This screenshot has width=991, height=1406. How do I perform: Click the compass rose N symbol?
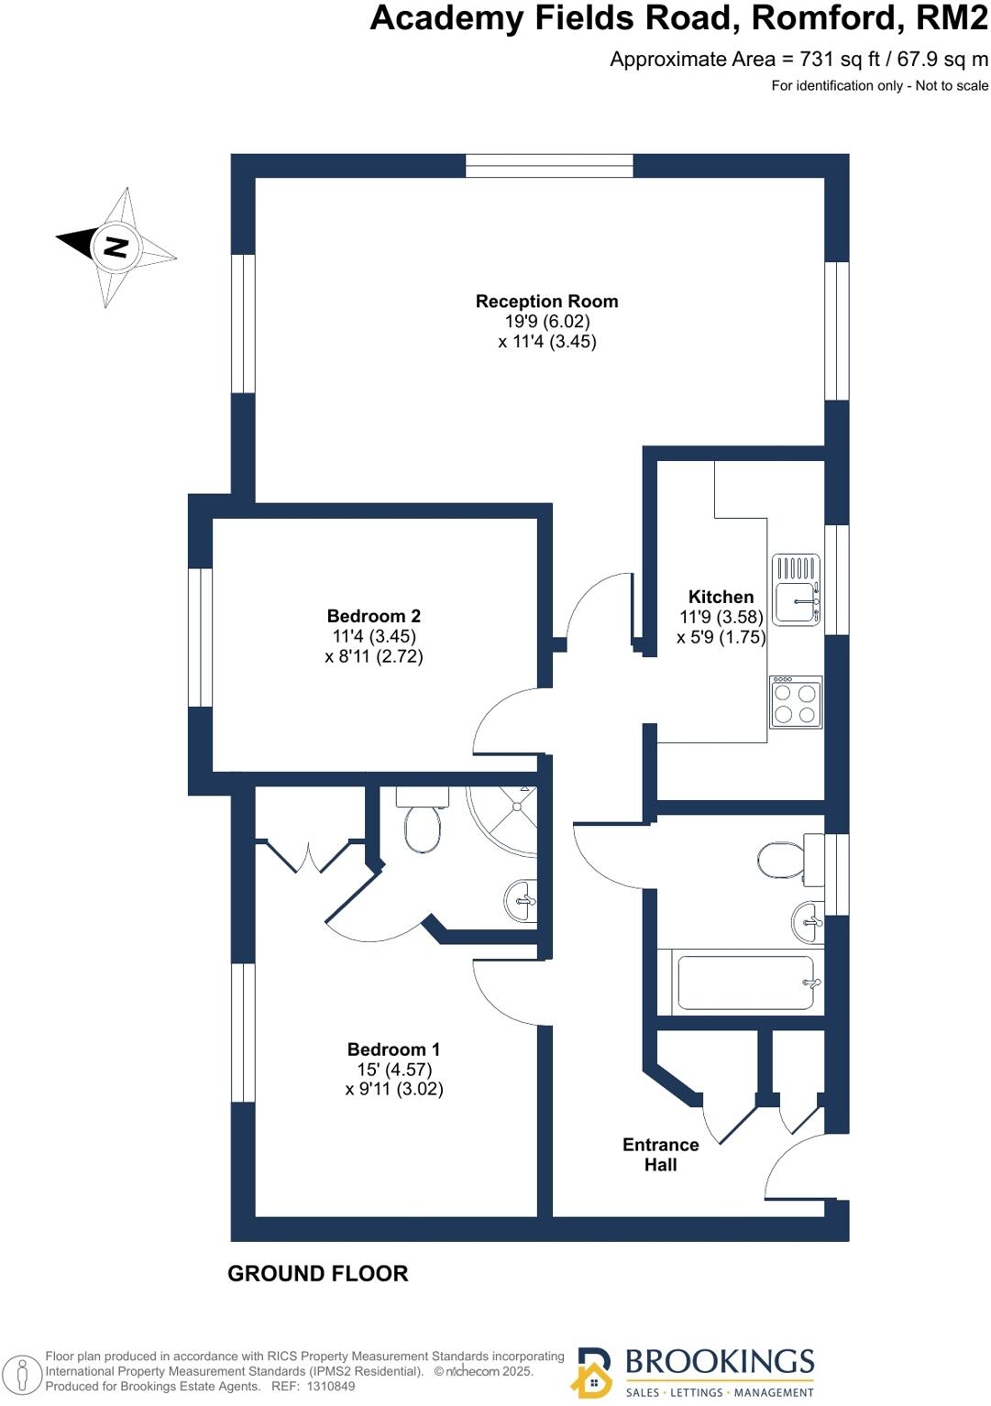pos(116,246)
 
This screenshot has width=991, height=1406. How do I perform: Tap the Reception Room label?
pos(546,302)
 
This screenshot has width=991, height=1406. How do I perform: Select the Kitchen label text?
pos(721,597)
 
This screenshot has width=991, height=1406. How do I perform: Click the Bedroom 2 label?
pos(373,616)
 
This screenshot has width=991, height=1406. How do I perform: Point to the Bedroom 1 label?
pos(393,1049)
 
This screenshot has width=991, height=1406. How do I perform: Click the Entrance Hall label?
pos(660,1155)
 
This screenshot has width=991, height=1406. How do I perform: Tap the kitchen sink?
pos(796,590)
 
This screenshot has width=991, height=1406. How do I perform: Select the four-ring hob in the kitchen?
pos(795,703)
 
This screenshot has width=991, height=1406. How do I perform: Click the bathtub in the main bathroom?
pos(743,983)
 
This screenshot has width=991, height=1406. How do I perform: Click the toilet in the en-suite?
pos(423,821)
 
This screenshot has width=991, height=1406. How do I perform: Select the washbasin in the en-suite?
pos(520,901)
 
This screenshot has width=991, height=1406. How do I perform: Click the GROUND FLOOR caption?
pos(317,1274)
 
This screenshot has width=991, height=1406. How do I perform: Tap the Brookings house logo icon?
pos(593,1372)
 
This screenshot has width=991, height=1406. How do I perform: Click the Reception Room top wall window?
pos(549,166)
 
